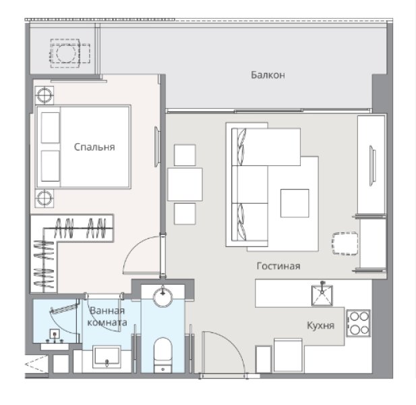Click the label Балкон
pos(268,75)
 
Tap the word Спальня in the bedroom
pos(94,146)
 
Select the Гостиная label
pos(278,266)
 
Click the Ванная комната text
pos(107,317)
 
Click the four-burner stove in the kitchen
pos(358,323)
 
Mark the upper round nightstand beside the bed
pos(44,94)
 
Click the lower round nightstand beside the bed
pos(44,198)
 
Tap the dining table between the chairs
pos(185,184)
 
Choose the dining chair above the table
pos(185,155)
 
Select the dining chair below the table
pos(185,213)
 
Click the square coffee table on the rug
pos(294,202)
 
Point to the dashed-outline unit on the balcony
pos(67,53)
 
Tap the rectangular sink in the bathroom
pos(107,356)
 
